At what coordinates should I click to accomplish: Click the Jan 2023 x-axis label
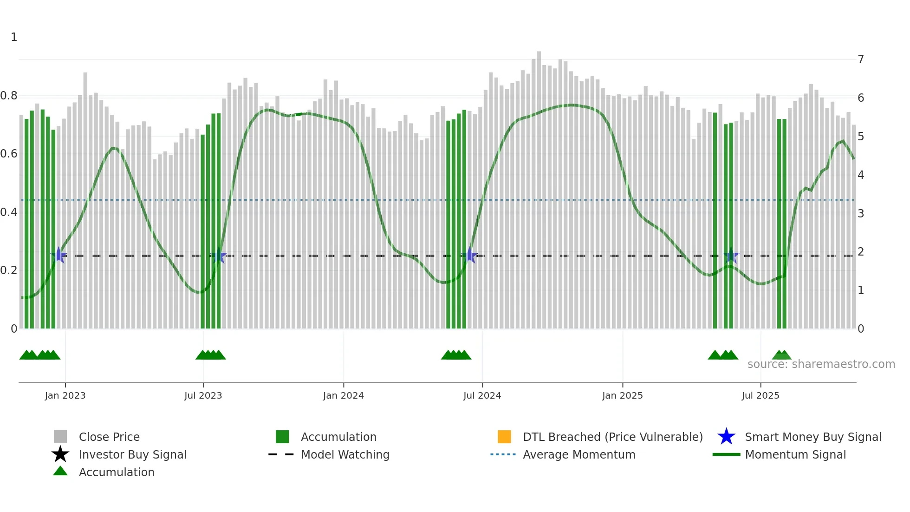coord(65,395)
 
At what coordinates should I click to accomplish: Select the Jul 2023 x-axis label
coord(203,395)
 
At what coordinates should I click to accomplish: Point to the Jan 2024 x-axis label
coord(343,395)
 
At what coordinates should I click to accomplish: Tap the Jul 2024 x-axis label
coord(482,395)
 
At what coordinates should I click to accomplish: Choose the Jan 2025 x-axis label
coord(622,395)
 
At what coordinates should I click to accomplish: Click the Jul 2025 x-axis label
coord(760,395)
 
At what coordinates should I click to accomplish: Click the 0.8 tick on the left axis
coord(9,96)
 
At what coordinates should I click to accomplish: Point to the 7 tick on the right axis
coord(861,59)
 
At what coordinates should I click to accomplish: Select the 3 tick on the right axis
coord(861,214)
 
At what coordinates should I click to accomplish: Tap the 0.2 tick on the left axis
coord(9,270)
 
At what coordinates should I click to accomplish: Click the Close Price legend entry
coord(109,437)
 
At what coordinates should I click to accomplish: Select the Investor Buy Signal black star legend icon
coord(60,454)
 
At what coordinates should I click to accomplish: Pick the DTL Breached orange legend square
coord(504,437)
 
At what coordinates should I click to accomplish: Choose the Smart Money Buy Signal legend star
coord(726,437)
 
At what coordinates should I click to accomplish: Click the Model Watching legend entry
coord(345,454)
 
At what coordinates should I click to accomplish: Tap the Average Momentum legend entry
coord(579,454)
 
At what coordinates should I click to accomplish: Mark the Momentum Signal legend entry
coord(795,454)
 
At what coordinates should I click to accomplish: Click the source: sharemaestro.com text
coord(821,364)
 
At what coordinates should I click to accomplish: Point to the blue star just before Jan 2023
coord(58,255)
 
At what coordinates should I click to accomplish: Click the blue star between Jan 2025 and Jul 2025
coord(731,255)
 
